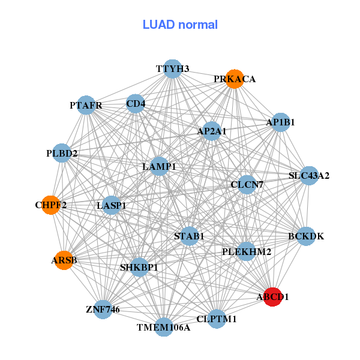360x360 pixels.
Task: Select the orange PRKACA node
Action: click(x=235, y=79)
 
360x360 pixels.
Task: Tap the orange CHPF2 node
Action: click(x=51, y=205)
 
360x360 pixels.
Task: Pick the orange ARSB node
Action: click(x=64, y=260)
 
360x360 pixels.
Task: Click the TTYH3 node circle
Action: click(x=173, y=69)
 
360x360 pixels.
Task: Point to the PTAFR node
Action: click(x=86, y=106)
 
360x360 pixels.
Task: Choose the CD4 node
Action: click(x=136, y=104)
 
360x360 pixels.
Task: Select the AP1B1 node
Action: click(x=281, y=122)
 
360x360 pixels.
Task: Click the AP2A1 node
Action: click(x=212, y=131)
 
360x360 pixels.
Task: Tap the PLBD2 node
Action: click(x=62, y=154)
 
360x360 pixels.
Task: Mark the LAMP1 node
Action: click(x=159, y=166)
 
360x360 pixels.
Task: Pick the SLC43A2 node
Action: click(x=308, y=176)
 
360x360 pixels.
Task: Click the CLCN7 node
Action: click(x=247, y=185)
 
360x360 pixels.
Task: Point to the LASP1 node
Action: click(x=112, y=206)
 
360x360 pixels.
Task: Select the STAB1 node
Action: click(x=190, y=236)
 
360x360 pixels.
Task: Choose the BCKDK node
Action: click(x=305, y=236)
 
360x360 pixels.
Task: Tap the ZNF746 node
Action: click(x=103, y=310)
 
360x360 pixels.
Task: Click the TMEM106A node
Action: click(x=163, y=327)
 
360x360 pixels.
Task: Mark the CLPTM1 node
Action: click(x=217, y=319)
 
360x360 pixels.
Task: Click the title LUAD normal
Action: click(x=180, y=25)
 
